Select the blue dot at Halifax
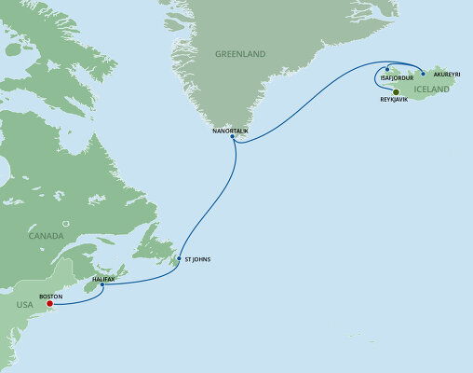pyautogui.click(x=102, y=284)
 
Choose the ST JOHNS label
pyautogui.click(x=198, y=258)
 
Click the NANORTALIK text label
pyautogui.click(x=231, y=130)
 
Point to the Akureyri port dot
pyautogui.click(x=423, y=72)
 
